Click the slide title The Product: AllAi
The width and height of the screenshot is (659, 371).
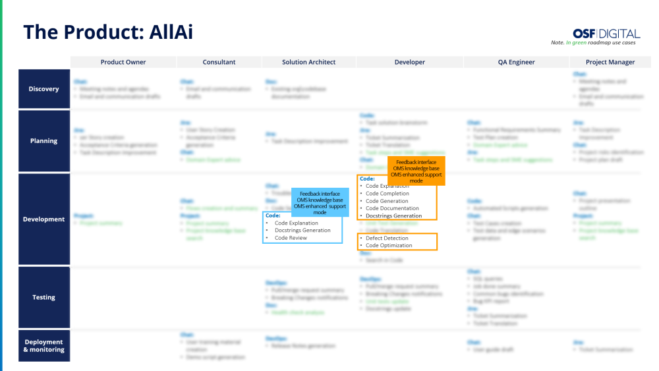point(108,32)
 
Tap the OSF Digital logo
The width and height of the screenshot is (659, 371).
point(606,33)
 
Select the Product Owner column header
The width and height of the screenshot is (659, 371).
point(123,62)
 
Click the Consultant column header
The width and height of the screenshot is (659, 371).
point(219,62)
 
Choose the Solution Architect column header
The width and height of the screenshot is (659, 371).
point(308,62)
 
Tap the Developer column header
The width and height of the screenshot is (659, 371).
point(409,62)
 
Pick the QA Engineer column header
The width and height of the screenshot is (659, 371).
point(516,62)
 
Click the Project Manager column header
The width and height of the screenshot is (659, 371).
point(610,62)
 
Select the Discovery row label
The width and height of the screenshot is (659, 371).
point(43,89)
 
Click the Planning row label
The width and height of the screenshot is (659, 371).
point(43,140)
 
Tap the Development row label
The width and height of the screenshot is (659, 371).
point(43,219)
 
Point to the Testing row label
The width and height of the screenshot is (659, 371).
point(43,297)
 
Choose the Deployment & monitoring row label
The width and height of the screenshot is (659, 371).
point(43,345)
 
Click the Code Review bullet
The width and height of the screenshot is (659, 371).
point(291,238)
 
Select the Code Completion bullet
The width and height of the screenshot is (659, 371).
point(387,194)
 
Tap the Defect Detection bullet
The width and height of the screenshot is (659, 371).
point(387,238)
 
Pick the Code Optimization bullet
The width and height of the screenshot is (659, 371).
point(389,245)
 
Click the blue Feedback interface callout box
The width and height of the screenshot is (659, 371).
point(320,203)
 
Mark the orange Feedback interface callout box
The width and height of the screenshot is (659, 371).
point(416,171)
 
